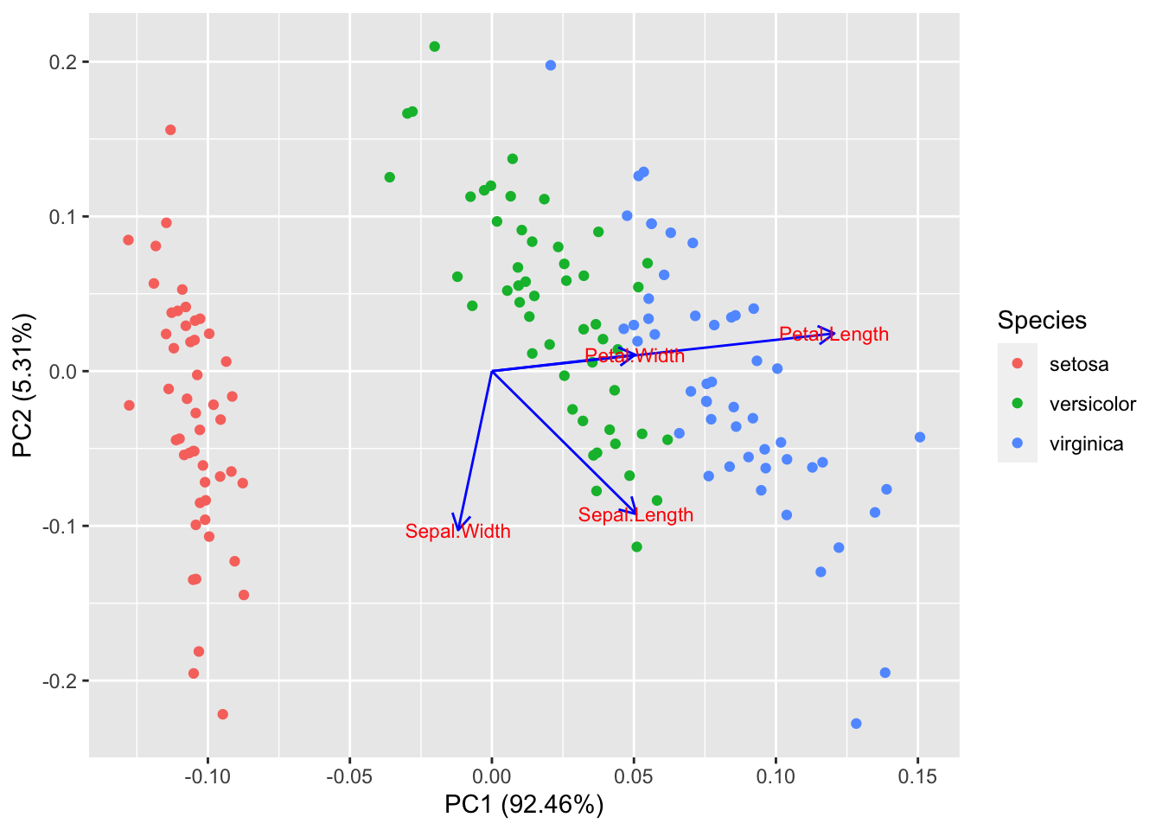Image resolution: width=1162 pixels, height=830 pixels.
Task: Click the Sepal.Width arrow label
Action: [x=457, y=532]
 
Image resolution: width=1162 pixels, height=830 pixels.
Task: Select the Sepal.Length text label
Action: [x=635, y=515]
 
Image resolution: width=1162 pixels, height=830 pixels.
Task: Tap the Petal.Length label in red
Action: [x=833, y=335]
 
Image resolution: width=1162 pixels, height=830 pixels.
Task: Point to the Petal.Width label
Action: [x=635, y=356]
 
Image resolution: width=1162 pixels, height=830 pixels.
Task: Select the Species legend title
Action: [x=1042, y=321]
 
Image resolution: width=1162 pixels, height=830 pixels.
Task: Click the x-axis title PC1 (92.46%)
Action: [x=524, y=805]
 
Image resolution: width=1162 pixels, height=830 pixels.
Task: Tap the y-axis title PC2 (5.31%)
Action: [x=23, y=386]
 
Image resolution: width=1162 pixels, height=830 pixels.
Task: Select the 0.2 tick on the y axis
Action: [x=67, y=62]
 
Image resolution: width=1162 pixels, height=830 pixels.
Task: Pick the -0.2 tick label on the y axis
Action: [x=63, y=681]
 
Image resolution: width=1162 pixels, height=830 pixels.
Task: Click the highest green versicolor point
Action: [x=434, y=47]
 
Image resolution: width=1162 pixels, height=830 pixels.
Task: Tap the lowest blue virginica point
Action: [x=856, y=724]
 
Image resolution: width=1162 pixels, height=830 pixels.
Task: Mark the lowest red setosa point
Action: [x=222, y=714]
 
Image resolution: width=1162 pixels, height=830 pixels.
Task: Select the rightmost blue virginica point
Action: [x=920, y=437]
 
